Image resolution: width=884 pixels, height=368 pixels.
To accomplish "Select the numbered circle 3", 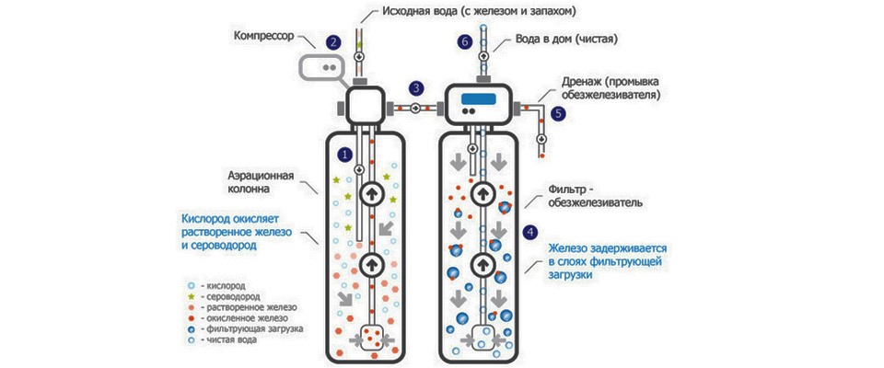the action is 416,88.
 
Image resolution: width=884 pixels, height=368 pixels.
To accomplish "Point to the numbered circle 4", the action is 529,231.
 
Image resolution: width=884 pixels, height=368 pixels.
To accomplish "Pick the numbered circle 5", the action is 558,113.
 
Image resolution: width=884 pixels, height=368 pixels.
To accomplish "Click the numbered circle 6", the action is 464,42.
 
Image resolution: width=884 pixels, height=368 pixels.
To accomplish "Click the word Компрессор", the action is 263,37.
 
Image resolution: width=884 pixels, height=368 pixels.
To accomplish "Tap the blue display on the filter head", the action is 478,98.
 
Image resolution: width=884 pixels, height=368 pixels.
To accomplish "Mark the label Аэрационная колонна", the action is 262,182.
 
